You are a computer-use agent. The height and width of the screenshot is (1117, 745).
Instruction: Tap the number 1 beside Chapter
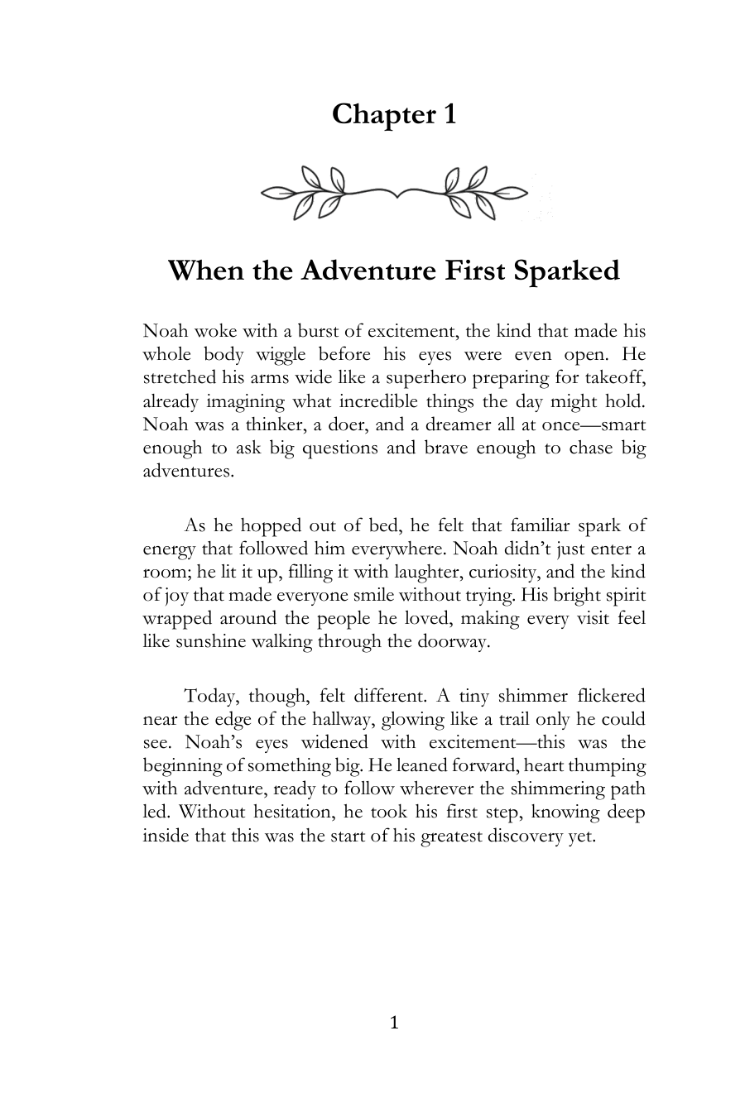(x=449, y=114)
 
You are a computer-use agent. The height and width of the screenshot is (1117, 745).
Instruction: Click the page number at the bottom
(x=394, y=1024)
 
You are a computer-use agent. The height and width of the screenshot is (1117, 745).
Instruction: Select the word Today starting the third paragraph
(x=210, y=696)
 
